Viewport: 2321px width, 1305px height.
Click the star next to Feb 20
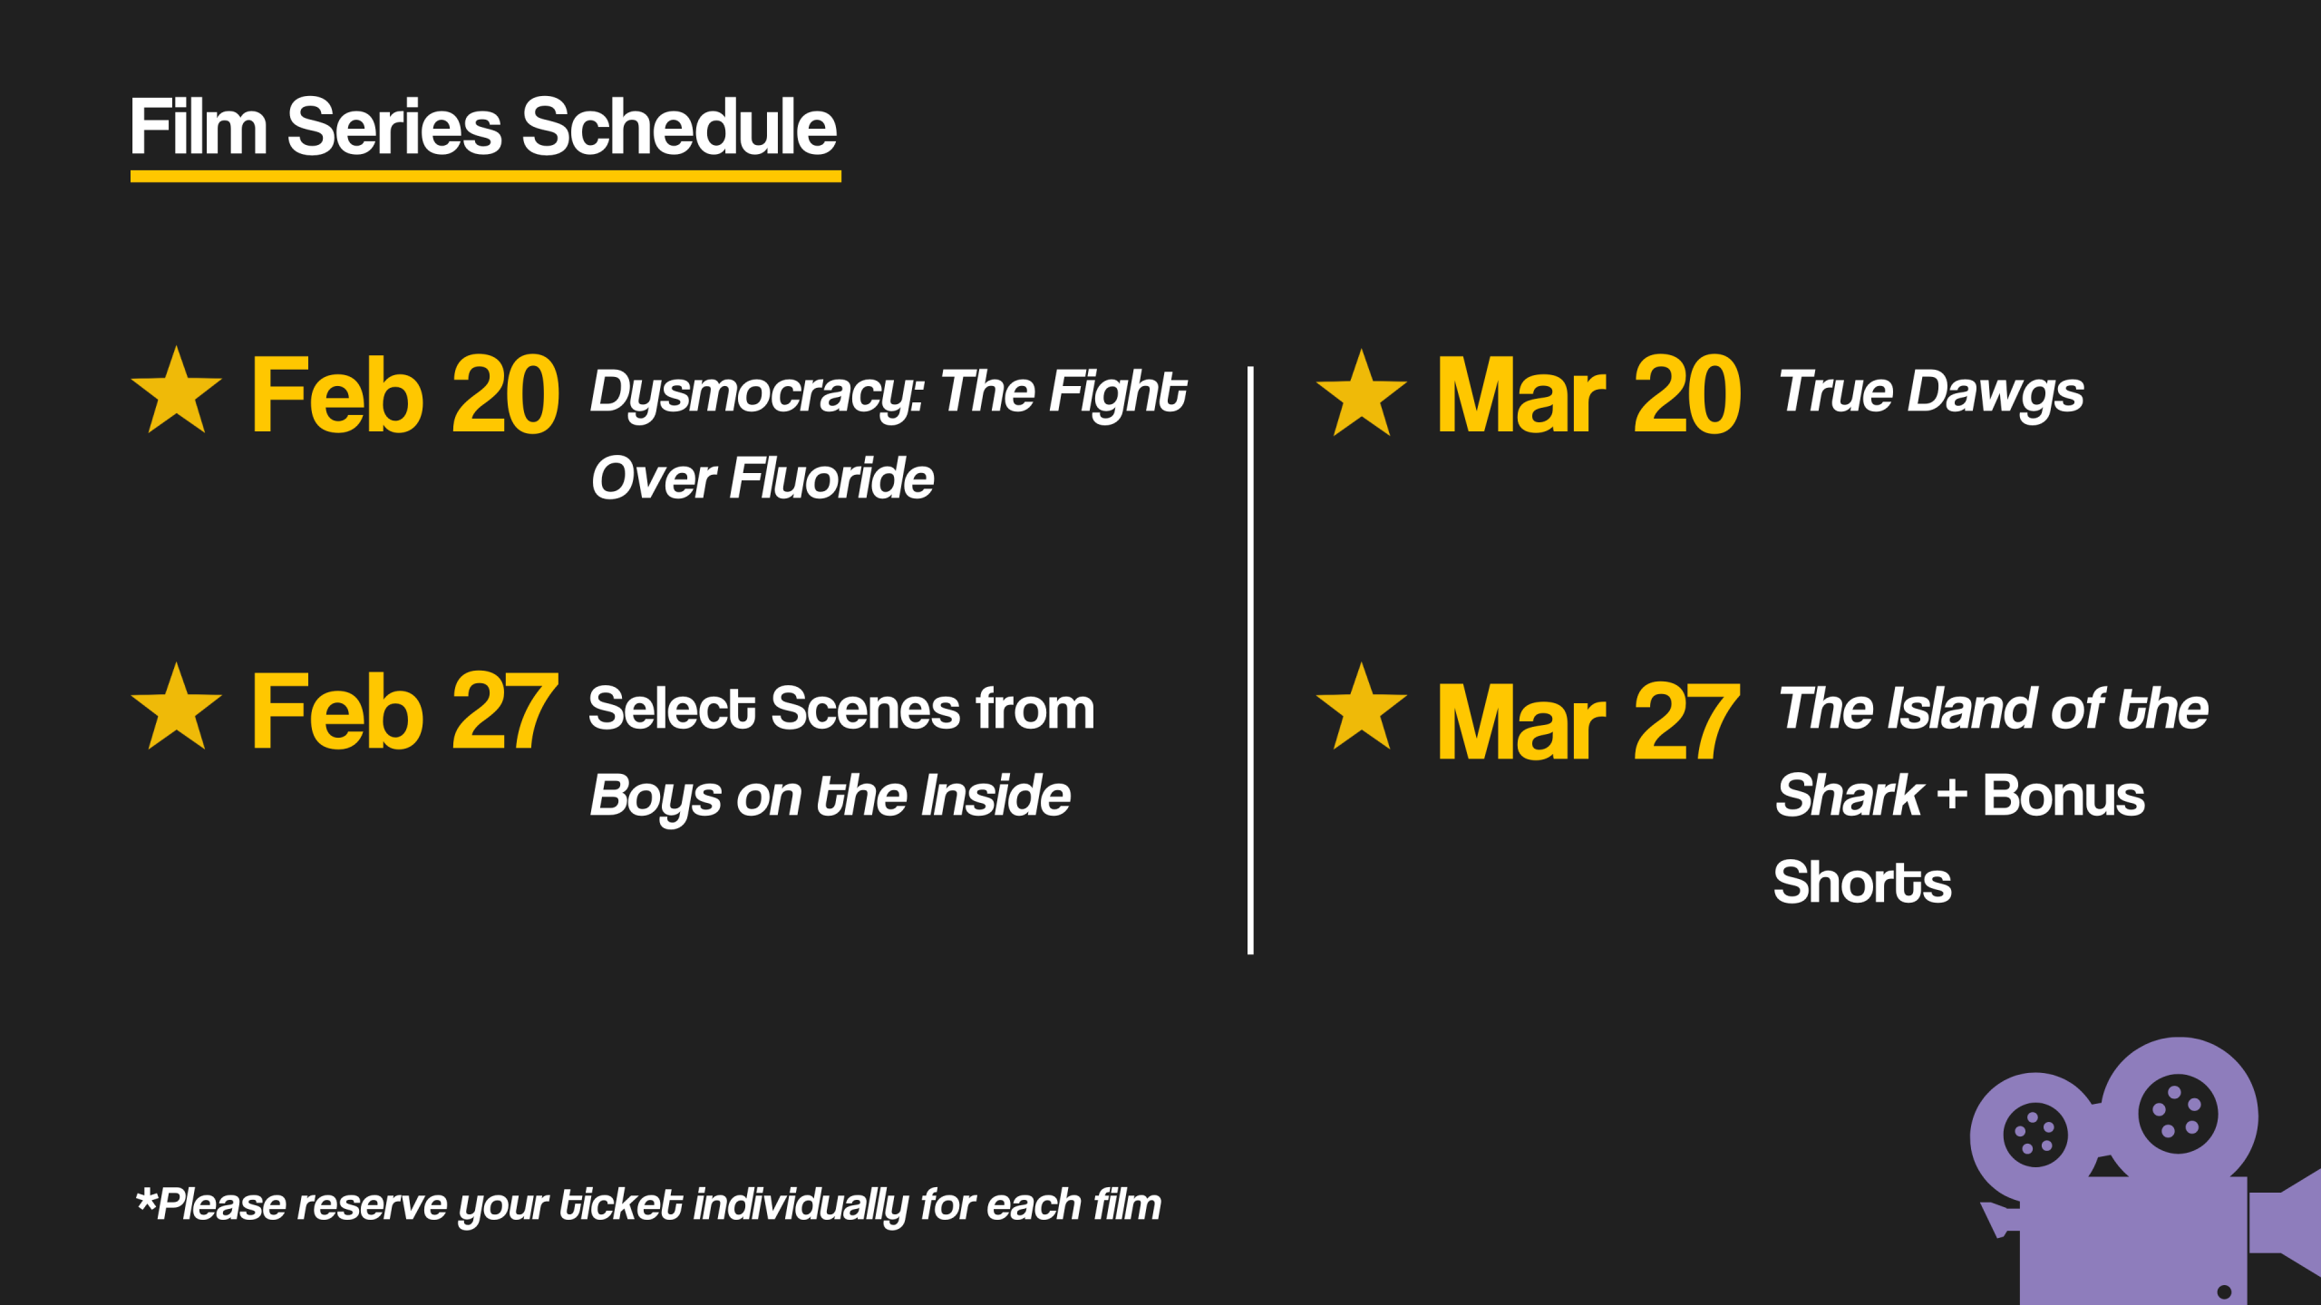tap(177, 391)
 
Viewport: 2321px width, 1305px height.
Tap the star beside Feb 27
tap(177, 708)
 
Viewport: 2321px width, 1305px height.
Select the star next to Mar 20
tap(1361, 394)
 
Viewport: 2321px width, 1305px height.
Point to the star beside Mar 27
tap(1361, 708)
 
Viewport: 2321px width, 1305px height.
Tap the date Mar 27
tap(1588, 721)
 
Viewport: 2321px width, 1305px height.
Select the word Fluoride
tap(831, 478)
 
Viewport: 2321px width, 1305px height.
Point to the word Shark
tap(1850, 796)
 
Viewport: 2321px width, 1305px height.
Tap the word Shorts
tap(1862, 883)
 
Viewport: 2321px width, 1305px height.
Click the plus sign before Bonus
tap(1952, 797)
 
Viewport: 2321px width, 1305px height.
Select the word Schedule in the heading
tap(678, 127)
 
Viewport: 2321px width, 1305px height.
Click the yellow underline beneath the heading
tap(486, 176)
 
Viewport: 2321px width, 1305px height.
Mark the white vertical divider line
tap(1250, 660)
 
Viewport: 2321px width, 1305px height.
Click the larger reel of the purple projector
tap(2178, 1114)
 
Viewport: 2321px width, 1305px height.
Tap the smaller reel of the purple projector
tap(2035, 1136)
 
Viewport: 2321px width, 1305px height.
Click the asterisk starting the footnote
tap(146, 1200)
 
